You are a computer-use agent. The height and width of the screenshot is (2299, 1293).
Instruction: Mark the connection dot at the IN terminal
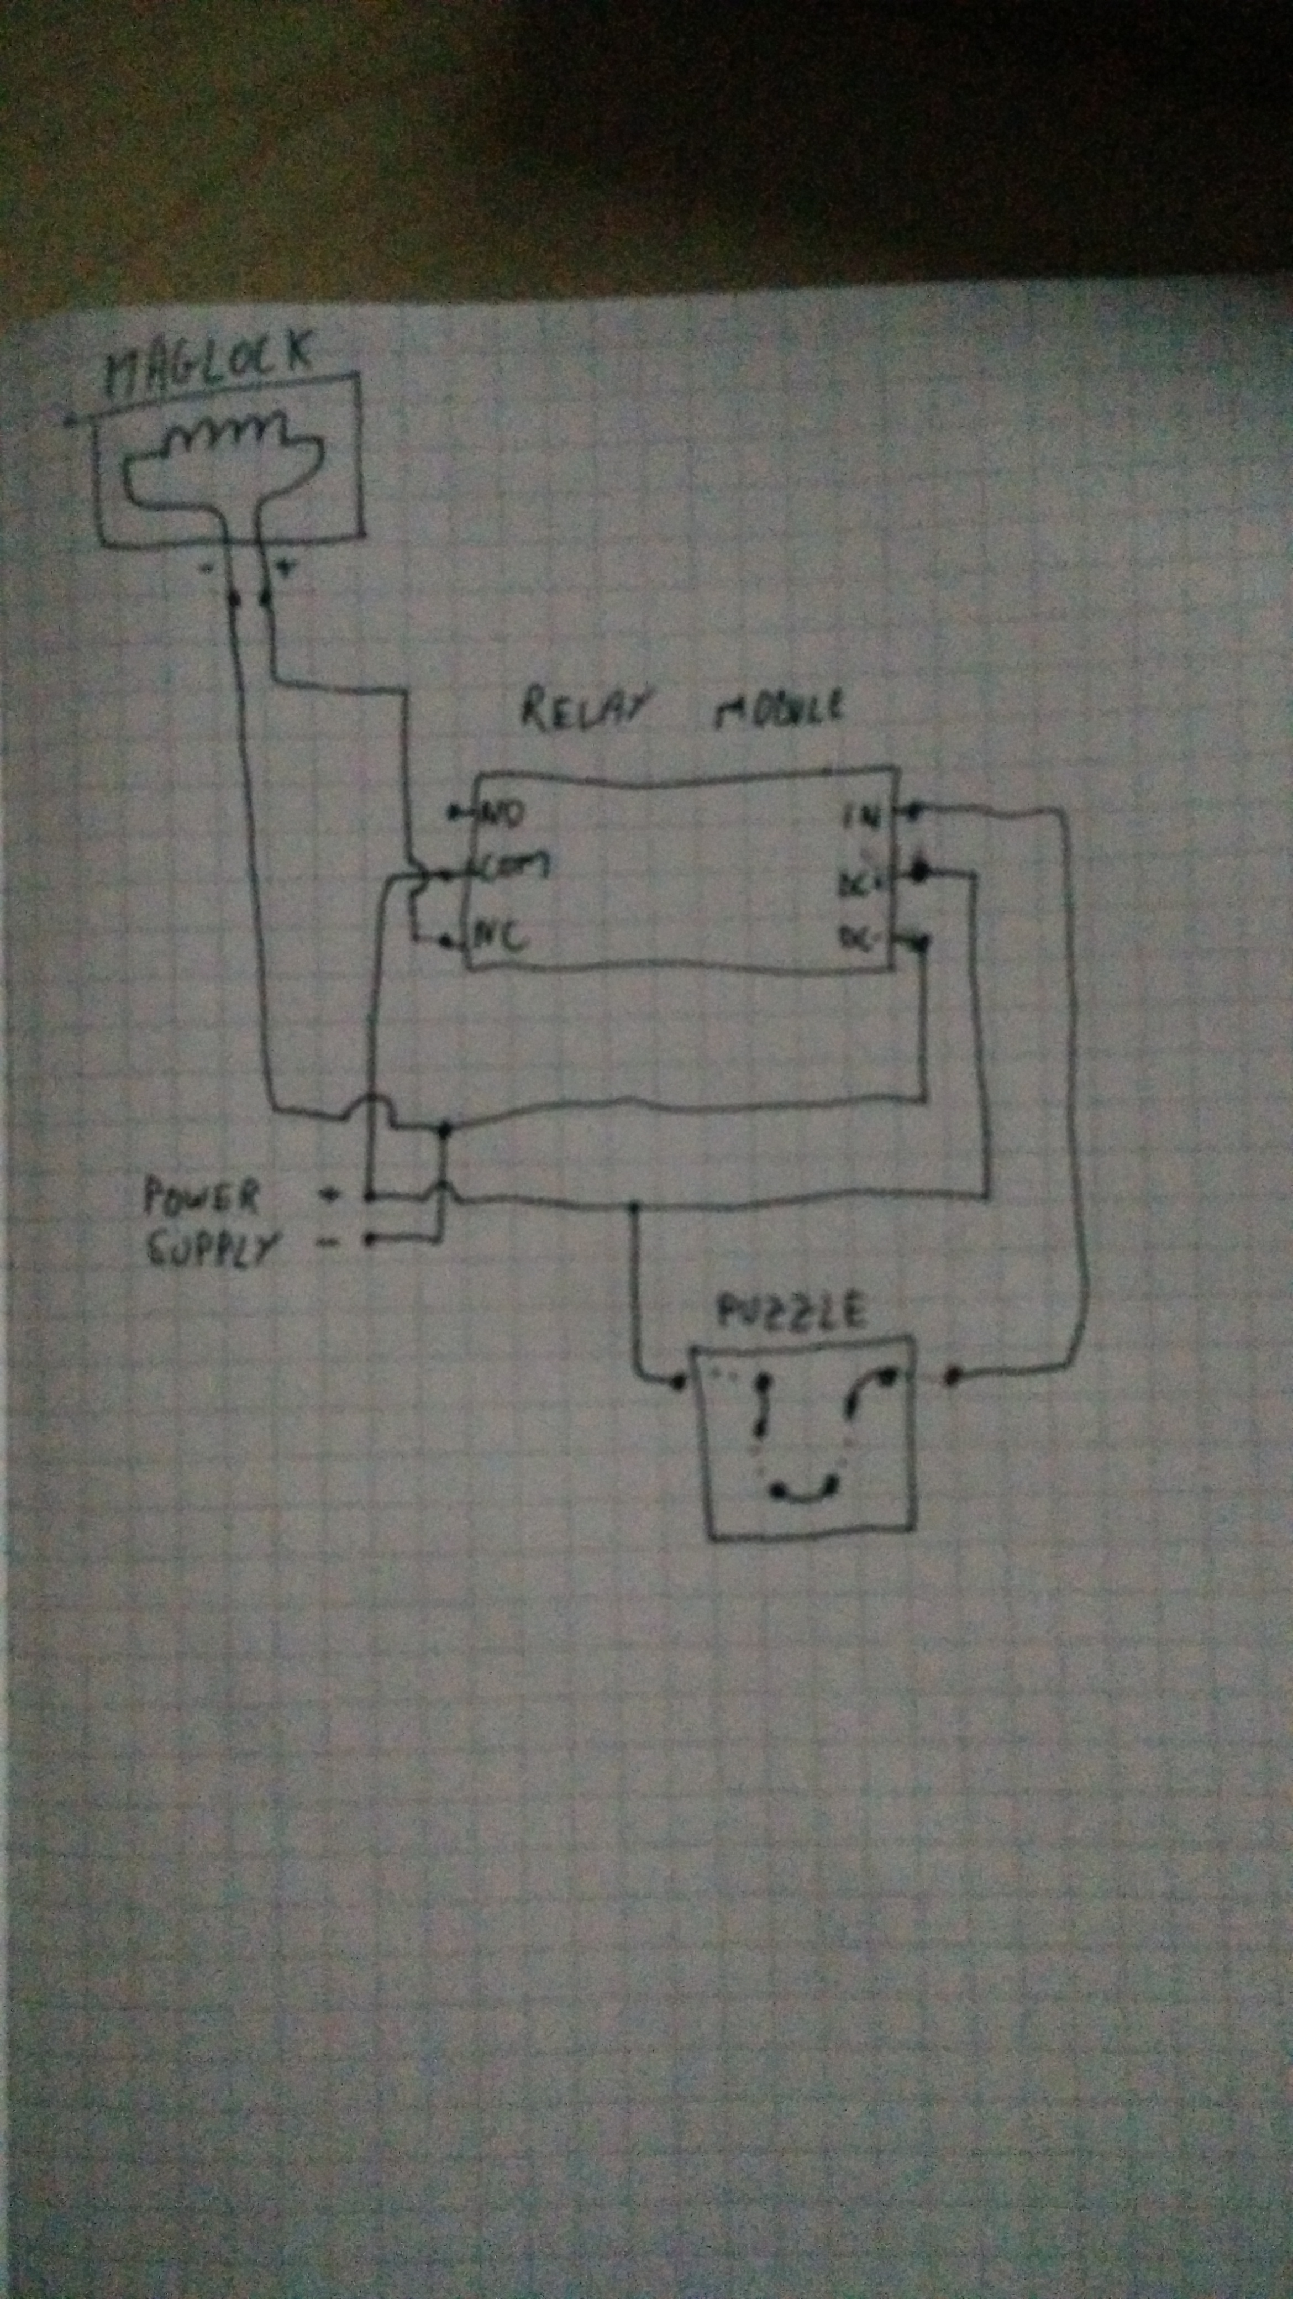click(x=917, y=811)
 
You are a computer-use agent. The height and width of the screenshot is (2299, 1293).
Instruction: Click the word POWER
click(x=202, y=1196)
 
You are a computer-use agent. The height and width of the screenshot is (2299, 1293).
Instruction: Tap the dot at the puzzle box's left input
click(x=678, y=1382)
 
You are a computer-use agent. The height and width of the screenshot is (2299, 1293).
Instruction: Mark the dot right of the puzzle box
click(x=951, y=1379)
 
